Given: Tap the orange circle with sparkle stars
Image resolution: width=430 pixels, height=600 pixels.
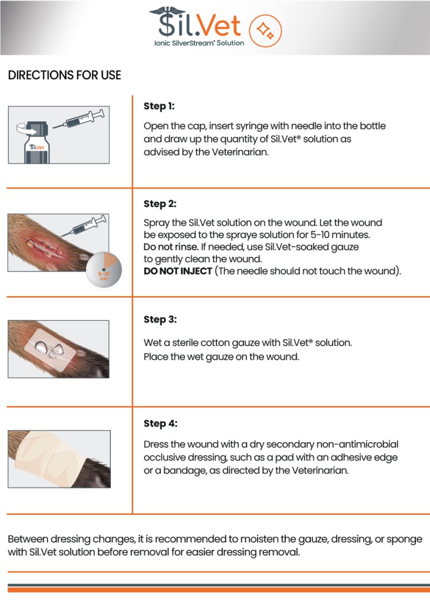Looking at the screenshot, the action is click(265, 30).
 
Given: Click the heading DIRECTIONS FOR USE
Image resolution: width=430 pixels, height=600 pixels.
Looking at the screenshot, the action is click(65, 75).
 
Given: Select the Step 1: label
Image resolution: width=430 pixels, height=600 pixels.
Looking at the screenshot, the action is click(159, 106).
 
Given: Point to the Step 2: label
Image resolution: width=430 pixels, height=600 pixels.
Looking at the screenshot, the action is click(160, 204).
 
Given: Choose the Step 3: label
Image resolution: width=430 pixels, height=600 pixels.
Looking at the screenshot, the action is click(160, 319).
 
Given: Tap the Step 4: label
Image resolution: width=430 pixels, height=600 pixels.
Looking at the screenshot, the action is click(161, 423).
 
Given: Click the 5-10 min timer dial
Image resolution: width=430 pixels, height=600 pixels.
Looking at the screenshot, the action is click(104, 269).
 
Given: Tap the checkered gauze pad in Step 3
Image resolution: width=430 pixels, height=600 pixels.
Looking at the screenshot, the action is click(49, 347).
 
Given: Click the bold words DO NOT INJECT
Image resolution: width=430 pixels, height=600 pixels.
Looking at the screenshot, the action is click(178, 271).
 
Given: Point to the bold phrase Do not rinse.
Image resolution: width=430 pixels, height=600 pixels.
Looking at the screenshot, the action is click(171, 247).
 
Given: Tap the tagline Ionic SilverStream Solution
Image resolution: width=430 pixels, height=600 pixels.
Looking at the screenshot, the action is click(199, 43).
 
